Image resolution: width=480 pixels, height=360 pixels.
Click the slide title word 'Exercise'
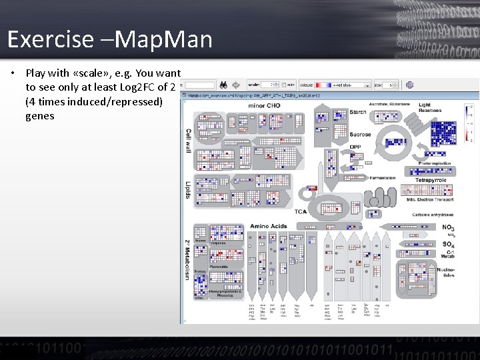click(51, 39)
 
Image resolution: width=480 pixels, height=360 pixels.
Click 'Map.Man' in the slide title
click(163, 39)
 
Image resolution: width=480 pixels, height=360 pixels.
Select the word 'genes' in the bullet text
click(40, 115)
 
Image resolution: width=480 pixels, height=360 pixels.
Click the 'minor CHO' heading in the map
click(265, 105)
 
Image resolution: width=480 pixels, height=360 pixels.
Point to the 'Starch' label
click(358, 112)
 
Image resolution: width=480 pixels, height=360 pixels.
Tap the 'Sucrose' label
click(360, 135)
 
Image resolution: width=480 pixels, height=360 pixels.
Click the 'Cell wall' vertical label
click(188, 141)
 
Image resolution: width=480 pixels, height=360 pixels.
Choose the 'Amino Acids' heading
click(269, 226)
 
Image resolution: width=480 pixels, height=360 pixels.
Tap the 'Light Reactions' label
click(430, 107)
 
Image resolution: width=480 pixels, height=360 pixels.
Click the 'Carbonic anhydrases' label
click(433, 215)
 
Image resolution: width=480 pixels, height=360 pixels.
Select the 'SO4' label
click(448, 245)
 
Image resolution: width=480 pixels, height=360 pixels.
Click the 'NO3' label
click(448, 227)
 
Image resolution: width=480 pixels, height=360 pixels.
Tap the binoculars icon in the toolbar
click(225, 85)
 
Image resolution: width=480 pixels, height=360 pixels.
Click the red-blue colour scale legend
click(471, 123)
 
